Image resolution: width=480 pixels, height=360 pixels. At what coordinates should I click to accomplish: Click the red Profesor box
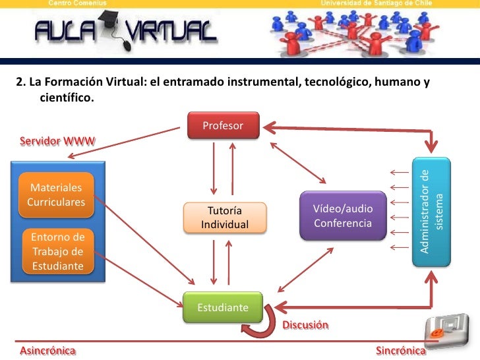(x=223, y=125)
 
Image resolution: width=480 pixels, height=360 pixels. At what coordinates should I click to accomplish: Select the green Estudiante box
(x=223, y=307)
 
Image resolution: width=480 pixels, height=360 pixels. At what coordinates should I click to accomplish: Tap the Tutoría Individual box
(x=225, y=218)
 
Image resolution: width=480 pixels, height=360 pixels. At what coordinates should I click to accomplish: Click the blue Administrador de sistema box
(x=431, y=211)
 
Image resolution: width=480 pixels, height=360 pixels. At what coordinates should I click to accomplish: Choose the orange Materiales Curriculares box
(x=56, y=195)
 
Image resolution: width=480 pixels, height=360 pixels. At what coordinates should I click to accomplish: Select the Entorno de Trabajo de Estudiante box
(x=58, y=251)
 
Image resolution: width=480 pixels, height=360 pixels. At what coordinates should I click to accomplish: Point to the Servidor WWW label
(x=57, y=140)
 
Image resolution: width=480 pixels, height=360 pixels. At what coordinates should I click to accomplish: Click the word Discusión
(x=305, y=325)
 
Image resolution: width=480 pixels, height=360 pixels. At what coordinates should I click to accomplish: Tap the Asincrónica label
(x=47, y=351)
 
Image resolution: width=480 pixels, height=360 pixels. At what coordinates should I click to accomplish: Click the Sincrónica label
(x=400, y=351)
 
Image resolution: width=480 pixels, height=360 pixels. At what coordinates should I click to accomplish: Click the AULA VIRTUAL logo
(x=126, y=31)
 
